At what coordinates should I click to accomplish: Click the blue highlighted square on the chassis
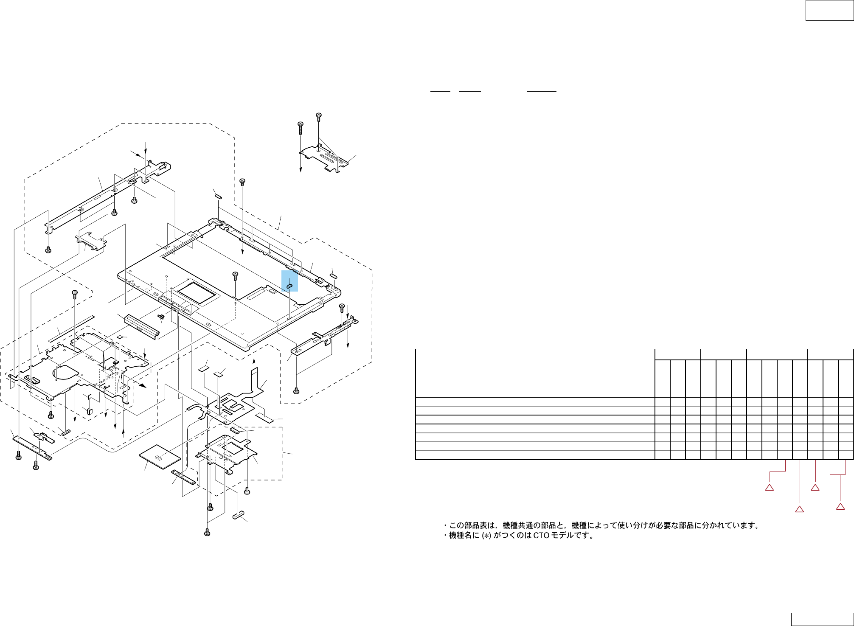coord(289,281)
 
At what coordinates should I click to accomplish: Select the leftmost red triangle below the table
coord(769,488)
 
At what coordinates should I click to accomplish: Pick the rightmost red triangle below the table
coord(840,506)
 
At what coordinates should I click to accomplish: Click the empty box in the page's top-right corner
coord(829,10)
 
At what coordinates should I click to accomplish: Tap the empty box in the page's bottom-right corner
coord(822,619)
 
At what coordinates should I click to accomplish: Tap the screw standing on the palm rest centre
coord(236,276)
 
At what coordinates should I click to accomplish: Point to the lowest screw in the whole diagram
coord(207,532)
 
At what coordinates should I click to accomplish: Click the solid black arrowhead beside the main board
coord(143,385)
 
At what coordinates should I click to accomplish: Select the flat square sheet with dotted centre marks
coord(160,457)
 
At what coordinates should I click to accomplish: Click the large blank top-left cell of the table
coord(535,373)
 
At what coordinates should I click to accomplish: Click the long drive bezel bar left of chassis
coord(141,326)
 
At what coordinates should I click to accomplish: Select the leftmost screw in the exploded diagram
coord(18,456)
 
